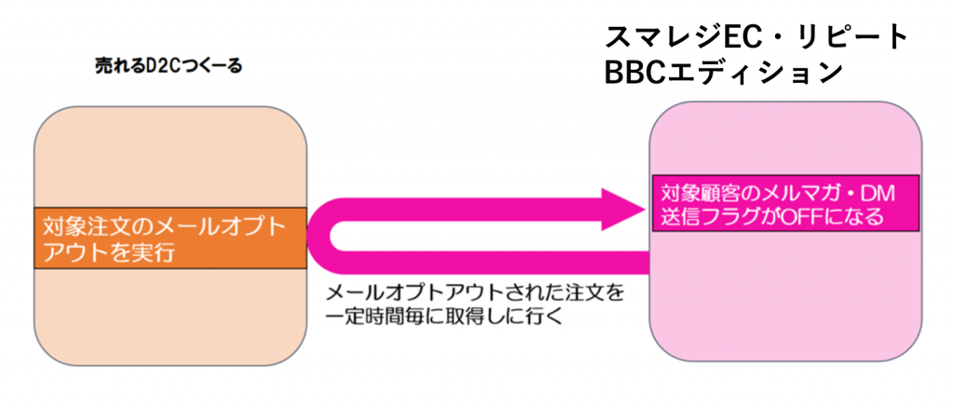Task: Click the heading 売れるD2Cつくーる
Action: point(168,66)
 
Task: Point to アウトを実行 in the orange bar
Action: point(102,252)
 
